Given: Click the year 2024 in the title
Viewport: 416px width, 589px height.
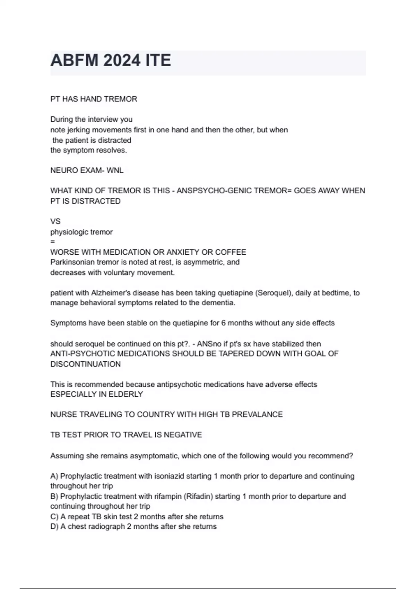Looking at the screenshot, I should [122, 60].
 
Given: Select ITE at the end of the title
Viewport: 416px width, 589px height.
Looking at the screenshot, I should [158, 60].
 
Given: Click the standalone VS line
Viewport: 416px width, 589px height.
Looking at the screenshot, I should [55, 221].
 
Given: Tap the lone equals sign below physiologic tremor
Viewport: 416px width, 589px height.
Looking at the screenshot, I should [53, 242].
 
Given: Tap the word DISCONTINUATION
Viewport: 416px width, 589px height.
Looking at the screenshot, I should [86, 364].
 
